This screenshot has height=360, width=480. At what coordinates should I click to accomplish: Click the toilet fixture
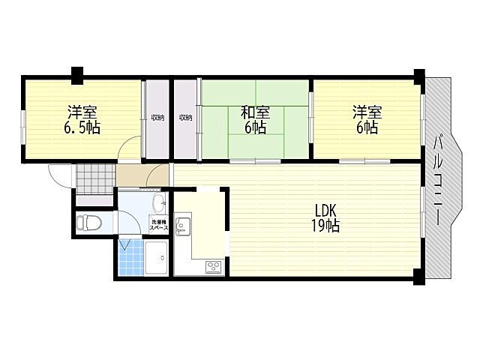[x=88, y=223]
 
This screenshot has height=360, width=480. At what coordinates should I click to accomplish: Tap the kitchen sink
[x=183, y=226]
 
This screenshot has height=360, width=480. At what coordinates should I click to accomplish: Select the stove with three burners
[x=214, y=267]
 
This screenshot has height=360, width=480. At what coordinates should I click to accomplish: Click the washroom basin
[x=159, y=202]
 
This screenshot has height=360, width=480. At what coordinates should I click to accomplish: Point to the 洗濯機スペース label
[x=158, y=225]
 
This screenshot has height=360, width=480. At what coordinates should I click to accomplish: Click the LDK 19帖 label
[x=325, y=218]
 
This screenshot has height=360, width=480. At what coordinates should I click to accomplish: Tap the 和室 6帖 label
[x=255, y=120]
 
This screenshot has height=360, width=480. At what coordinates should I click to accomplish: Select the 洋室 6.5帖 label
[x=82, y=120]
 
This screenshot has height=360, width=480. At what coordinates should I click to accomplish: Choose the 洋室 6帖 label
[x=367, y=120]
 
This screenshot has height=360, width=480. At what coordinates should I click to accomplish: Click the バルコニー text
[x=437, y=180]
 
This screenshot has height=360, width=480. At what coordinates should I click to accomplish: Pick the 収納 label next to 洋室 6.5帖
[x=157, y=117]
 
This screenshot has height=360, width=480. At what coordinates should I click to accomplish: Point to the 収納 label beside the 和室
[x=185, y=117]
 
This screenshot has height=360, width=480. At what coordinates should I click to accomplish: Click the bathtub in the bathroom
[x=156, y=258]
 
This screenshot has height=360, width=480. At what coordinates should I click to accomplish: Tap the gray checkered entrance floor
[x=95, y=179]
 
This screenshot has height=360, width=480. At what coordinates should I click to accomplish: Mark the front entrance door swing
[x=60, y=175]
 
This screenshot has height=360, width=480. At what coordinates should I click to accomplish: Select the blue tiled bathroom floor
[x=130, y=257]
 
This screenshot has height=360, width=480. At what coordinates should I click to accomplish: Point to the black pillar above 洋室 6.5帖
[x=77, y=75]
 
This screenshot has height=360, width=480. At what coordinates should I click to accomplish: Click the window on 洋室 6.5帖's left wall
[x=23, y=126]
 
